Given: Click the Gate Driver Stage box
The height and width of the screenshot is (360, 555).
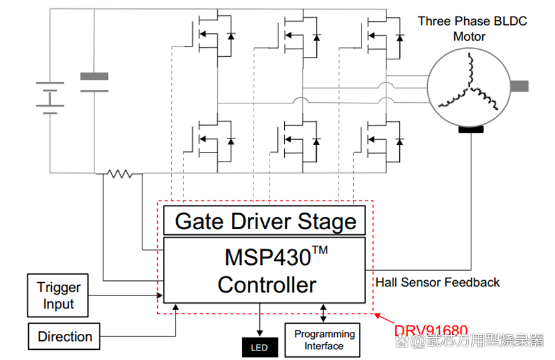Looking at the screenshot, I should click(x=264, y=221).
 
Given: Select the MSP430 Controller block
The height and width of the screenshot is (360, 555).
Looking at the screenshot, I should click(x=264, y=270).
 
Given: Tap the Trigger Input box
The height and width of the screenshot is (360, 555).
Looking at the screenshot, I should click(x=59, y=296).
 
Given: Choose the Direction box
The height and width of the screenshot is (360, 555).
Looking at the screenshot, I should click(x=65, y=336).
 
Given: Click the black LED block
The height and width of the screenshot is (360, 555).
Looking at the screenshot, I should click(x=259, y=347).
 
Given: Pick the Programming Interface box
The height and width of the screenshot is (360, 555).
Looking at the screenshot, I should click(x=323, y=340).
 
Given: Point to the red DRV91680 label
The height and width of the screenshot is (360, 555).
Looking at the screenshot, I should click(x=431, y=331).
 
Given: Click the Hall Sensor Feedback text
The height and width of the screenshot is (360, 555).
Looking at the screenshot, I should click(x=437, y=282).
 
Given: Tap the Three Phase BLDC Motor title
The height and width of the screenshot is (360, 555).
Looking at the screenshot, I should click(x=473, y=29).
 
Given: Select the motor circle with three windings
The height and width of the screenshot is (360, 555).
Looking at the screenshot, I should click(x=469, y=87).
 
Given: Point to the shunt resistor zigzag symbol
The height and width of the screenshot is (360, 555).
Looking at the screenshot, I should click(x=119, y=173).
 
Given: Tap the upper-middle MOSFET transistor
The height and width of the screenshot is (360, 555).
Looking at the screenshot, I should click(x=296, y=34).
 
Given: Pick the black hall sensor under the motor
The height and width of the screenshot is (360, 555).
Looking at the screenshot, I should click(x=471, y=130).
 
